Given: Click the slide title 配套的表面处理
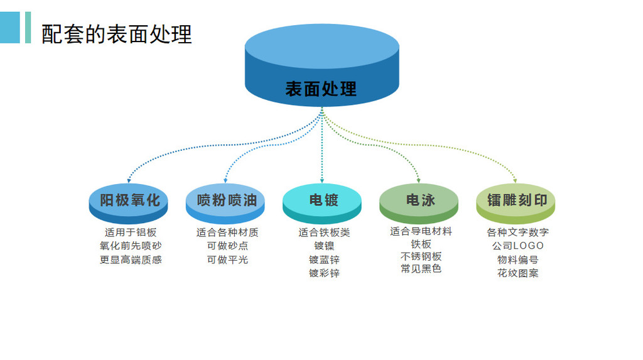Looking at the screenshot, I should [117, 34].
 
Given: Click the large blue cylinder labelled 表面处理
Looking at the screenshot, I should [321, 66].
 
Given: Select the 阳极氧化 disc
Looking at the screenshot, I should [129, 201].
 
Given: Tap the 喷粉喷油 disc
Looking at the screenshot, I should [226, 201].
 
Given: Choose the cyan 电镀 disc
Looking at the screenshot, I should [323, 201].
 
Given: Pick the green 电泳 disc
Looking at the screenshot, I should [419, 201].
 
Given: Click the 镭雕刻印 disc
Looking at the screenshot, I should [516, 201].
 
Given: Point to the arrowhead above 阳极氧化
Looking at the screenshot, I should [129, 180].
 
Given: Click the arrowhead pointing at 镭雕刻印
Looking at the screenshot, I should [516, 180].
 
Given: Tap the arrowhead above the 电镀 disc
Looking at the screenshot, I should [323, 180].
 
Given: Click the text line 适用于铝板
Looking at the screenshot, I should [131, 232].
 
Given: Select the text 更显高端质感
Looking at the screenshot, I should [131, 259].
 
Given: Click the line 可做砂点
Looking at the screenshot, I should [227, 246].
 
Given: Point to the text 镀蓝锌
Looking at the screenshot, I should [324, 259].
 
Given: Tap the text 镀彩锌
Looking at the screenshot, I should [324, 273].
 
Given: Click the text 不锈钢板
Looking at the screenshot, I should [421, 256].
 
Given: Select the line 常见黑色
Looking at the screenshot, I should [421, 269].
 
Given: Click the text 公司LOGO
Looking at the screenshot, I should [518, 246].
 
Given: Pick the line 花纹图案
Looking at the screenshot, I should [518, 273].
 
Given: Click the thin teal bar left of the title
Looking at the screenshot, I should [28, 28].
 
